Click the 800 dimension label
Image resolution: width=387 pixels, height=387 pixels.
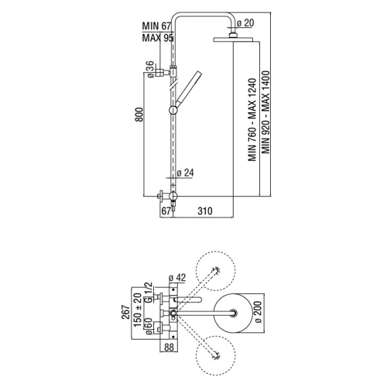[x=139, y=115]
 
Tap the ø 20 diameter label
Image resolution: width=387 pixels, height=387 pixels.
[x=245, y=23]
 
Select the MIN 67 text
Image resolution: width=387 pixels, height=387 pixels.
[x=156, y=26]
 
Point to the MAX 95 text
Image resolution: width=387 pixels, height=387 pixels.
[x=157, y=38]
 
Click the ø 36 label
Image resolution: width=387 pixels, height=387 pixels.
[x=150, y=69]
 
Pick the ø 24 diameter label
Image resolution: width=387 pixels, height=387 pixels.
[x=185, y=173]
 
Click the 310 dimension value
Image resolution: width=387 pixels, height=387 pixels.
[x=205, y=211]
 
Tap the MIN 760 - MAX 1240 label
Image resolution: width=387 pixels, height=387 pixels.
[x=252, y=120]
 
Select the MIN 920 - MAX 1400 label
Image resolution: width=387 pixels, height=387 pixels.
[x=265, y=112]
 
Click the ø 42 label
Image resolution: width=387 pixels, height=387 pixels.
[x=177, y=278]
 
